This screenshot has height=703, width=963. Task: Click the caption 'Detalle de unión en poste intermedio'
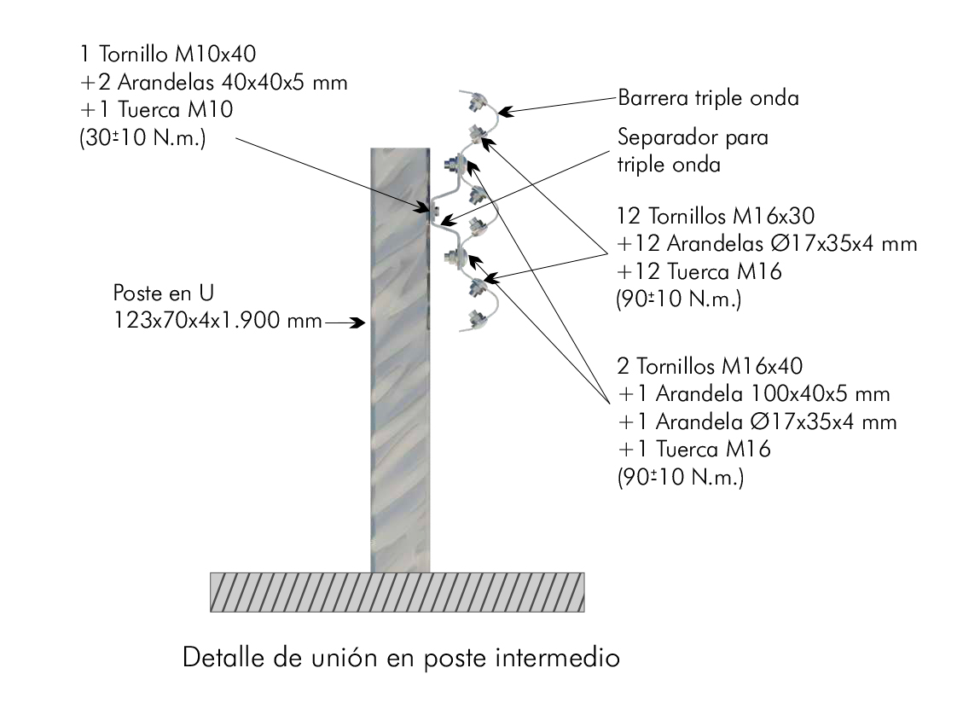(x=401, y=658)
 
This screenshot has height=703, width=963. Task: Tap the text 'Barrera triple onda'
(x=708, y=98)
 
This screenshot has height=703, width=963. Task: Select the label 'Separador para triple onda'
(x=693, y=150)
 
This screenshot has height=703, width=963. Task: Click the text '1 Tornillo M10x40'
(x=168, y=54)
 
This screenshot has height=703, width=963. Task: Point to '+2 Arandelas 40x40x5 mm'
(x=214, y=82)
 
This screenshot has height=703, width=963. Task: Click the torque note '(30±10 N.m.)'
(x=142, y=137)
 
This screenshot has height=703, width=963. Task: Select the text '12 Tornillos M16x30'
(x=716, y=217)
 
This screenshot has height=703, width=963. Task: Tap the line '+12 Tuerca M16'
(x=699, y=271)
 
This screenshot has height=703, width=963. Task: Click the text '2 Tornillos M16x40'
(x=710, y=366)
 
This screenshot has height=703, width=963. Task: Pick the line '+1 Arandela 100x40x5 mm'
(x=753, y=394)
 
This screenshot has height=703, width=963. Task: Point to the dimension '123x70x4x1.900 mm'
(x=218, y=320)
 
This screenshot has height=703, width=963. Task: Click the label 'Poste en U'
(x=164, y=293)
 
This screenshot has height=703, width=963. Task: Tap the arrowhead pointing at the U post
(x=357, y=322)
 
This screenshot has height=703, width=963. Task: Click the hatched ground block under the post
(x=397, y=592)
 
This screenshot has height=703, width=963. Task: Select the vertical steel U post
(x=400, y=360)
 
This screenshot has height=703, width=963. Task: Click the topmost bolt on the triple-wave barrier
(x=476, y=102)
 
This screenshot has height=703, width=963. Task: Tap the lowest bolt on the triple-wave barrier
(x=474, y=318)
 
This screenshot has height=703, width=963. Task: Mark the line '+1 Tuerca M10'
(x=157, y=109)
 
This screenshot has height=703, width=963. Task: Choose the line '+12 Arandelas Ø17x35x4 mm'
(x=767, y=244)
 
